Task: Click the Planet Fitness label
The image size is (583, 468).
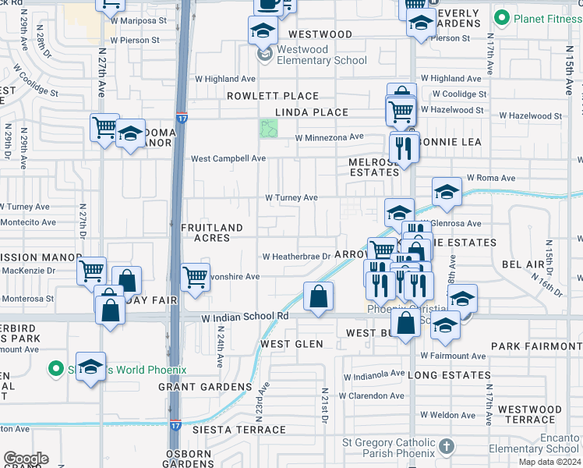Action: click(x=544, y=17)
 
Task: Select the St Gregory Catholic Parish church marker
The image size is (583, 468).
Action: click(x=446, y=446)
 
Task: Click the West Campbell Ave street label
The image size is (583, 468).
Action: click(x=228, y=158)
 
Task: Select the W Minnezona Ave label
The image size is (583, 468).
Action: click(x=329, y=137)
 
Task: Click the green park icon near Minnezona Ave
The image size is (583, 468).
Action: click(x=269, y=129)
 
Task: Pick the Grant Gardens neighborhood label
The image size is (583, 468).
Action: click(x=205, y=386)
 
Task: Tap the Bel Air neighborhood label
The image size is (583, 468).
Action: click(x=522, y=265)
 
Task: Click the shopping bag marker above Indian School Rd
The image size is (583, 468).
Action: click(x=318, y=296)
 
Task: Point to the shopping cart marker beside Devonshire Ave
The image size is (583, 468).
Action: click(x=194, y=276)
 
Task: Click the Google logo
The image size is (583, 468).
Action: click(x=26, y=459)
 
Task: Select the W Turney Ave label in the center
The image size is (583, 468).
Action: click(x=291, y=198)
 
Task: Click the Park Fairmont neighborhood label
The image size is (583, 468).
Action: click(x=536, y=346)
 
